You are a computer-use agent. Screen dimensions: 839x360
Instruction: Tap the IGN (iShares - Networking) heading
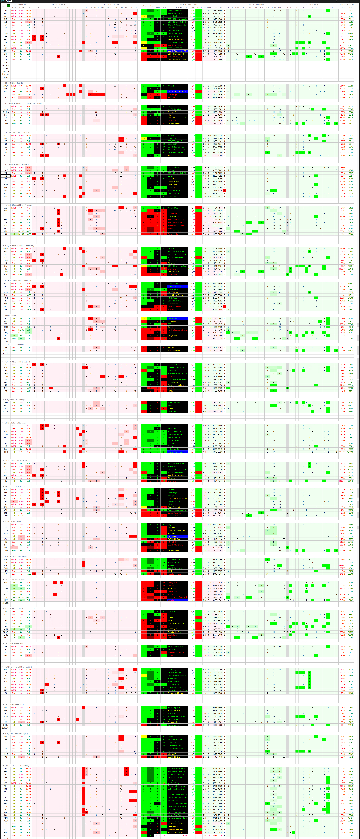(15, 400)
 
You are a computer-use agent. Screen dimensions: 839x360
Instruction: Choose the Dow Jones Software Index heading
(15, 580)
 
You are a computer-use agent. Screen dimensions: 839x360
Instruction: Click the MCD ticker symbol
(6, 109)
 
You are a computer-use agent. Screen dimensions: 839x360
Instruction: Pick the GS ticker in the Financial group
(6, 217)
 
